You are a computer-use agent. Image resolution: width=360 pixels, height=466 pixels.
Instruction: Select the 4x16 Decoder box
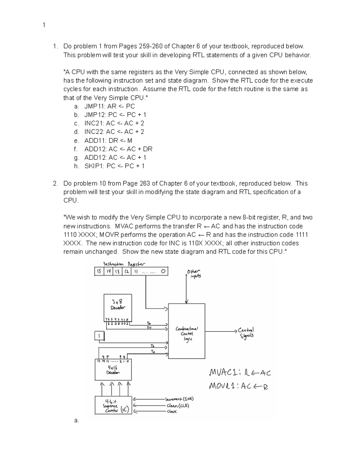pos(113,370)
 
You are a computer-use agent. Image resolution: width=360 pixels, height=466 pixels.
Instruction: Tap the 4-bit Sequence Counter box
pos(113,405)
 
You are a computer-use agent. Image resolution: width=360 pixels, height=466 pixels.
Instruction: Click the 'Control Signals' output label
pos(246,332)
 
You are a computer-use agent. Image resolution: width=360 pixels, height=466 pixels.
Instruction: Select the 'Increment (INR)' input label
pos(179,399)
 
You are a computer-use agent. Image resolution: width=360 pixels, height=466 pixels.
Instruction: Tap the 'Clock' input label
pos(172,412)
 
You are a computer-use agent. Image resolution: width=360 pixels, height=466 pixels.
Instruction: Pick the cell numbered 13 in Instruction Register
pos(117,272)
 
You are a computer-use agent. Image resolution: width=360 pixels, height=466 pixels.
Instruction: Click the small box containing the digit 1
pos(99,336)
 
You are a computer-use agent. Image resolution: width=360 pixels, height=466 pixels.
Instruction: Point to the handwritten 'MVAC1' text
pos(224,373)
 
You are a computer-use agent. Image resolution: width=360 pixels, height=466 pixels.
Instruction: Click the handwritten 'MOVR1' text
pos(224,386)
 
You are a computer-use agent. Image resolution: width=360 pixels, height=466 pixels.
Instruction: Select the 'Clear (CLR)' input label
pos(178,406)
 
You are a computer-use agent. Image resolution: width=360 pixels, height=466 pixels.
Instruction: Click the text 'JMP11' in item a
pos(93,106)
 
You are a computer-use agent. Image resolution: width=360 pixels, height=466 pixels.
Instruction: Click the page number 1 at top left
pos(44,25)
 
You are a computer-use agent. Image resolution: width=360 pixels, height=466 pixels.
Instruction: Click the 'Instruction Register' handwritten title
pos(124,264)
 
